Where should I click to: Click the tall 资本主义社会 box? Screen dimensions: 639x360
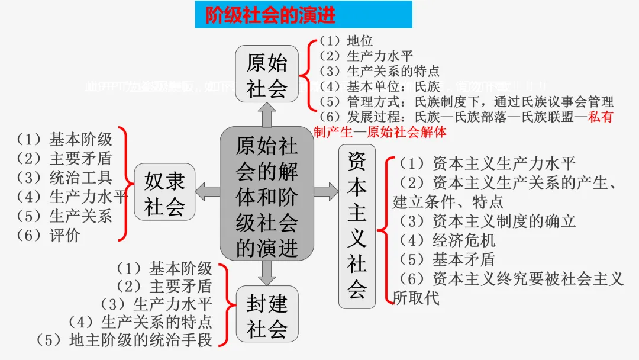tap(357, 226)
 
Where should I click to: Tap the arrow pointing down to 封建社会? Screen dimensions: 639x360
tap(267, 272)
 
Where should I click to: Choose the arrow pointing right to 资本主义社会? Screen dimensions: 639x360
tap(326, 191)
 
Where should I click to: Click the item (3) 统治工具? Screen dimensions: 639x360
tap(64, 178)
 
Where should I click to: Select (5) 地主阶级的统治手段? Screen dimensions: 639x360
tap(124, 340)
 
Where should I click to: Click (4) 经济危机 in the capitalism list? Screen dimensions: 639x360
tap(447, 240)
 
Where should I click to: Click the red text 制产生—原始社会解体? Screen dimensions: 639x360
tap(380, 131)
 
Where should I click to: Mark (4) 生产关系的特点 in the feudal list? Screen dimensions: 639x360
tap(140, 322)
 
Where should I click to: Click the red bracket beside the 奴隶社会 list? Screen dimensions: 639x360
tap(124, 184)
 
